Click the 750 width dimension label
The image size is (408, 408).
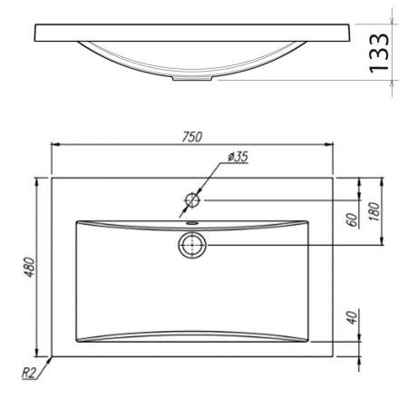click(192, 137)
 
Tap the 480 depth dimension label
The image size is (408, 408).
click(30, 267)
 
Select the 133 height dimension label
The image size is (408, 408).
click(379, 53)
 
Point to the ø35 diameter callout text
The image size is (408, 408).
click(238, 157)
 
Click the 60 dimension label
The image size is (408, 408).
click(352, 219)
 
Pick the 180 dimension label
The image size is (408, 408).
click(374, 211)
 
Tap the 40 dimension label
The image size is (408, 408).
click(352, 317)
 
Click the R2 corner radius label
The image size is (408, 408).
click(29, 374)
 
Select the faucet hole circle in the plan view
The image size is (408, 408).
click(192, 200)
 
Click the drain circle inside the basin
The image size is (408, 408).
click(192, 245)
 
